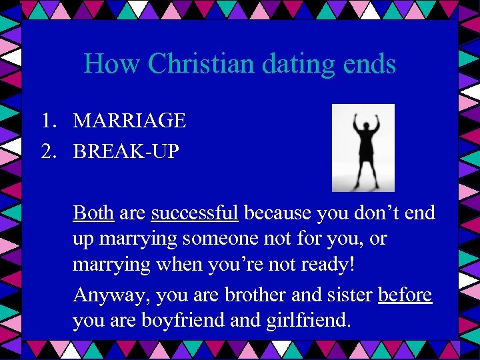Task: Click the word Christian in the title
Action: pyautogui.click(x=201, y=64)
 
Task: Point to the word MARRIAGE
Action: pyautogui.click(x=129, y=121)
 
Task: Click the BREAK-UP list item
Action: pyautogui.click(x=126, y=151)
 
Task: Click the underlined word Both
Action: pyautogui.click(x=93, y=213)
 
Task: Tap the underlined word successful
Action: pyautogui.click(x=195, y=213)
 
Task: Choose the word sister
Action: pyautogui.click(x=350, y=295)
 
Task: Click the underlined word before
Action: pyautogui.click(x=405, y=295)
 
